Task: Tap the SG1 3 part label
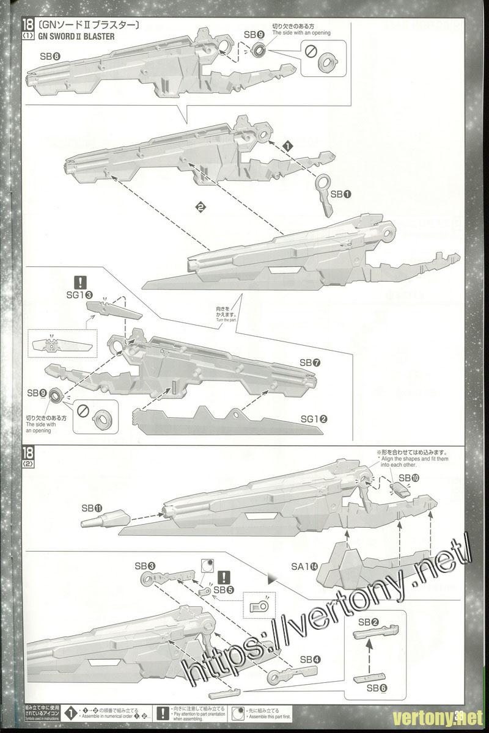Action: pyautogui.click(x=80, y=295)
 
